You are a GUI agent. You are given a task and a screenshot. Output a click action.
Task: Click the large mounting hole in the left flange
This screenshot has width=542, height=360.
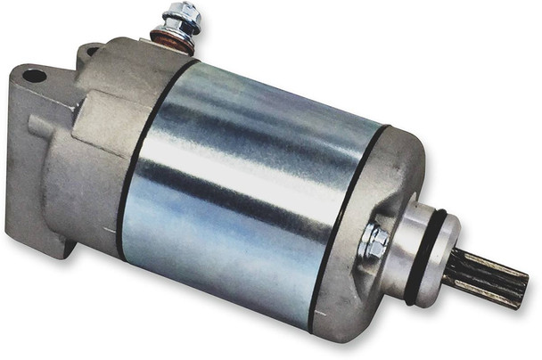click(x=35, y=76)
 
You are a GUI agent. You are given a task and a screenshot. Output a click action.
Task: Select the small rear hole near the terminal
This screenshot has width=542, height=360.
click(x=89, y=52)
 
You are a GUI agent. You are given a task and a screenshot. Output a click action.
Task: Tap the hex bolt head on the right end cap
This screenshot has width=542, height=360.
click(x=375, y=239)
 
